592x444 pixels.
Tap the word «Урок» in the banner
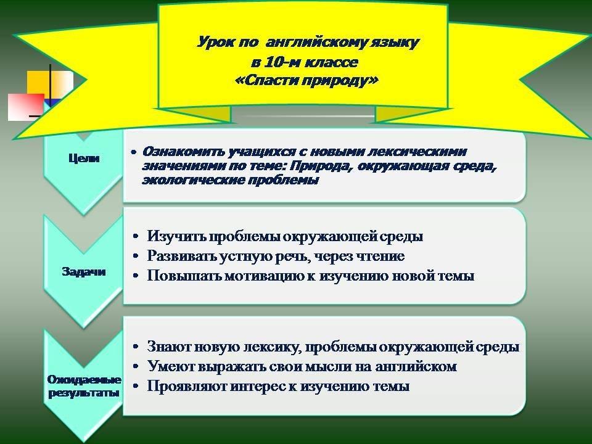click(216, 43)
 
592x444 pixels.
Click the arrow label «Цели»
click(84, 158)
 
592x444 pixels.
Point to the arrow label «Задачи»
click(84, 271)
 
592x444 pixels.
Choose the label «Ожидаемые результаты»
click(84, 386)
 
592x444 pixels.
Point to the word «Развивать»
click(181, 256)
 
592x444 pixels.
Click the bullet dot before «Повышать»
click(136, 276)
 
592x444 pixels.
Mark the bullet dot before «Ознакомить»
click(133, 152)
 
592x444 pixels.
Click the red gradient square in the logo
click(26, 107)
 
